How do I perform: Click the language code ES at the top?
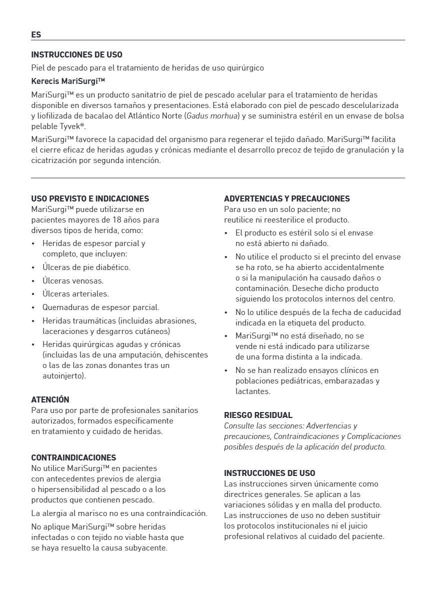(x=36, y=35)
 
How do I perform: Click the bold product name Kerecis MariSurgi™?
(x=68, y=81)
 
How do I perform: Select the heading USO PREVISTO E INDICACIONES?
(x=90, y=198)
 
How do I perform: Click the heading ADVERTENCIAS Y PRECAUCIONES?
(x=287, y=198)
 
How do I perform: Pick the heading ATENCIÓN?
(x=50, y=399)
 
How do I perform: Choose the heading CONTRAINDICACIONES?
(x=73, y=457)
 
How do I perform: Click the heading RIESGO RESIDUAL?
(x=258, y=415)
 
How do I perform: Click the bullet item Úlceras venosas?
(x=73, y=281)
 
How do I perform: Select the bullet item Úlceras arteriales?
(x=75, y=294)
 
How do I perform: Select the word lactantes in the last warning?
(x=253, y=391)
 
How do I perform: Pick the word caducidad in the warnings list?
(x=381, y=312)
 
